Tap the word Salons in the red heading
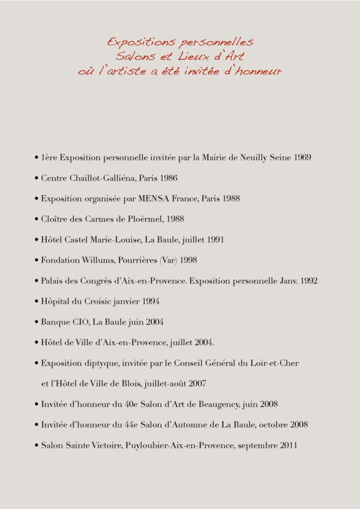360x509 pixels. pyautogui.click(x=137, y=56)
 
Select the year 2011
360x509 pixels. pyautogui.click(x=287, y=445)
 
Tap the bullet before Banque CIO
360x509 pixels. pyautogui.click(x=37, y=322)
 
